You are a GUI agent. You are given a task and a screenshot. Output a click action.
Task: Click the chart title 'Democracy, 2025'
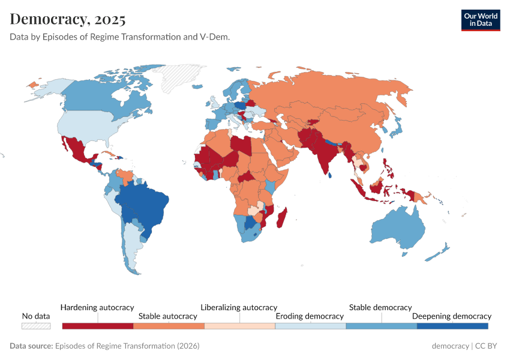coord(68,19)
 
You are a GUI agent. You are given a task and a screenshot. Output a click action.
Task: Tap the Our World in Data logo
coord(480,20)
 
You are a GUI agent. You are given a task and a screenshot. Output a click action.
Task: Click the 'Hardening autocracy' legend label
coord(97,307)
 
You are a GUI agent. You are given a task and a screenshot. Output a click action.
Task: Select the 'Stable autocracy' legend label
coord(167,316)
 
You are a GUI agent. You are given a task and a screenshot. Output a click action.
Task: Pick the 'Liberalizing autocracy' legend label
coord(239,307)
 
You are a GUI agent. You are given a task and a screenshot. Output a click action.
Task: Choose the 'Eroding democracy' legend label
coord(309,316)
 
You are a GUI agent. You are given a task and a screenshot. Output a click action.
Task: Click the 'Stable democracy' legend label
coord(380,307)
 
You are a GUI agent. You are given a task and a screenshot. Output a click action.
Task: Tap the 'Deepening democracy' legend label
coord(451,316)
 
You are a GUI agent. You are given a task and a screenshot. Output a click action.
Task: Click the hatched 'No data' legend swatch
coord(36,326)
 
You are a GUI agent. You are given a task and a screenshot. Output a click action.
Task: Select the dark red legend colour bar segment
coord(97,326)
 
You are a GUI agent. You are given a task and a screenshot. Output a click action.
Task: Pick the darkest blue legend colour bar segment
coord(452,326)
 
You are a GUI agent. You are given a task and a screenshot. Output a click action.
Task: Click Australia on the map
coord(398,231)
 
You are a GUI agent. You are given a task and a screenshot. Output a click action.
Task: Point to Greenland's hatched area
coord(180,78)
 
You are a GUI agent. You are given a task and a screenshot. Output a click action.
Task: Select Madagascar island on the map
coord(281,217)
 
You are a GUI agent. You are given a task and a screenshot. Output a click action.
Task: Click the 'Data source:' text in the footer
coord(31,346)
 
